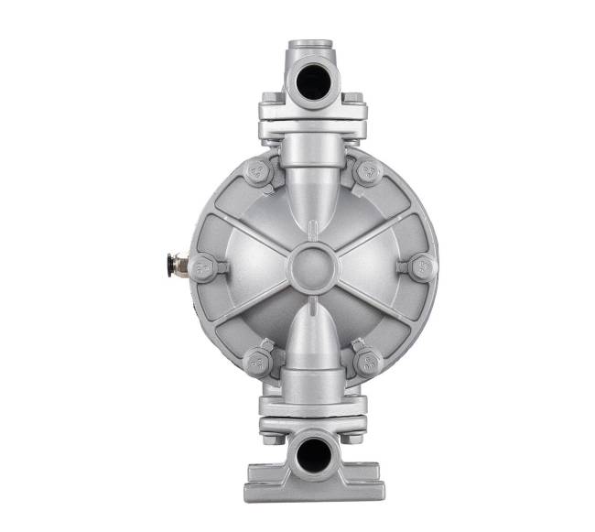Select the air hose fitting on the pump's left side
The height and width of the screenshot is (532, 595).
tap(177, 267)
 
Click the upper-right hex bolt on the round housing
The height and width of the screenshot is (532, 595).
tap(367, 171)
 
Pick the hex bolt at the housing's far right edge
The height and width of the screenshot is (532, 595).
tap(422, 267)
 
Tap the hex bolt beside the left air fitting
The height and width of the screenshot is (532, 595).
tap(205, 268)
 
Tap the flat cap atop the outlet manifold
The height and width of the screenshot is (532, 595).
tap(312, 46)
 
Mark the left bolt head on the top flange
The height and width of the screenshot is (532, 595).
tap(270, 99)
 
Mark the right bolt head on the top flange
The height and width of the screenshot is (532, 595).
tap(355, 99)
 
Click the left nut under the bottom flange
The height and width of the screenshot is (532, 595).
tap(272, 437)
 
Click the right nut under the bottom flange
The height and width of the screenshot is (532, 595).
tap(353, 437)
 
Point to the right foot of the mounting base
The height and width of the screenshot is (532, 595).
tap(367, 483)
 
